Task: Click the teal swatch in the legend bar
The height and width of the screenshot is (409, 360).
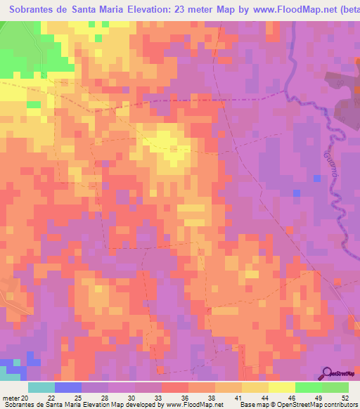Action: pyautogui.click(x=41, y=387)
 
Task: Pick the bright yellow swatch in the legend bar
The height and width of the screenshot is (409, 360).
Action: pyautogui.click(x=282, y=387)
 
